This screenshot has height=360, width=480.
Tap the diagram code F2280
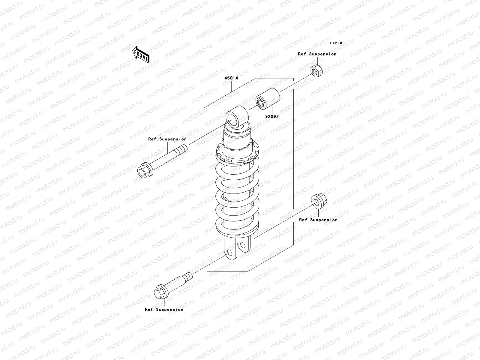tap(336, 43)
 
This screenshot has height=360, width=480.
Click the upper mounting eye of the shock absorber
tap(237, 118)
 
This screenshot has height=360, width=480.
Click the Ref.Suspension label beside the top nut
tap(317, 54)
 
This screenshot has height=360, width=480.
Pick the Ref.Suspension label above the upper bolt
tap(167, 139)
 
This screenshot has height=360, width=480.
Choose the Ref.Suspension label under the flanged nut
tap(318, 220)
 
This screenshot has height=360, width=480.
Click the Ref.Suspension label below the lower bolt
tap(164, 310)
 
